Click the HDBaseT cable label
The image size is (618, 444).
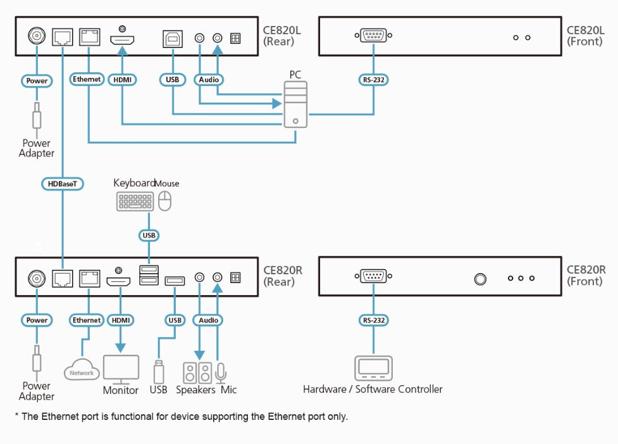tap(62, 184)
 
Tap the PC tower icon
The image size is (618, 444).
tap(295, 105)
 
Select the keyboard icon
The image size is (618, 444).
tap(135, 201)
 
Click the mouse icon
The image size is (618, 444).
tap(164, 201)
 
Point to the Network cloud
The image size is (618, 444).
tap(82, 369)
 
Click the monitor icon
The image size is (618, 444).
tap(121, 369)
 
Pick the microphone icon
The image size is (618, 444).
tap(221, 373)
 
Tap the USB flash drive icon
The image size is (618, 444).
tap(158, 371)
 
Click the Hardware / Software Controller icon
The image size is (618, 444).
tap(374, 368)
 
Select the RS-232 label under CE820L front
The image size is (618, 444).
tap(374, 80)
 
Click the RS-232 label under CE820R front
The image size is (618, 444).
tap(374, 320)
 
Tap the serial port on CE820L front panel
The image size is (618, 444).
tap(373, 35)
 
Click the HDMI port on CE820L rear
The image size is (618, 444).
tap(122, 40)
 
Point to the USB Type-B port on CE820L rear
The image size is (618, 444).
tap(173, 39)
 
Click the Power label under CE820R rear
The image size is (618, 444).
tap(37, 320)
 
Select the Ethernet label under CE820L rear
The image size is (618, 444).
tap(87, 79)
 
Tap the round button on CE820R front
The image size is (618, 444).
tap(480, 279)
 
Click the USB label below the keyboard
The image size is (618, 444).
tap(149, 235)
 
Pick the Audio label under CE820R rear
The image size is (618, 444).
tap(208, 320)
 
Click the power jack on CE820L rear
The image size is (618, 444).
tap(37, 36)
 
